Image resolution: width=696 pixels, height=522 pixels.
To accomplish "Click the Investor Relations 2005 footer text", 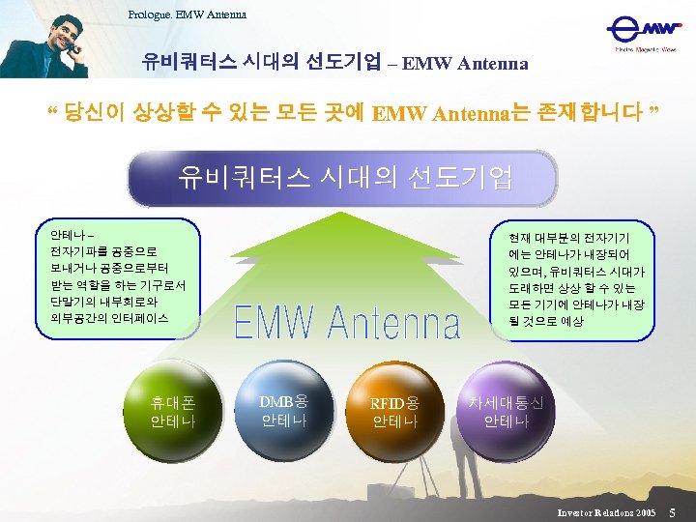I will tap(606, 509).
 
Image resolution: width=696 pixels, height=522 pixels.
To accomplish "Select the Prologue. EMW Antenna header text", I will tap(187, 14).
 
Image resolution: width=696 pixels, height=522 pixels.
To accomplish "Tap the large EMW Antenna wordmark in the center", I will tap(347, 323).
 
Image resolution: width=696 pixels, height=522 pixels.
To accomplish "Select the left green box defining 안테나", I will tap(117, 275).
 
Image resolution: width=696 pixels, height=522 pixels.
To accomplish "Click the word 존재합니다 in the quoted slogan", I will tap(599, 114).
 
